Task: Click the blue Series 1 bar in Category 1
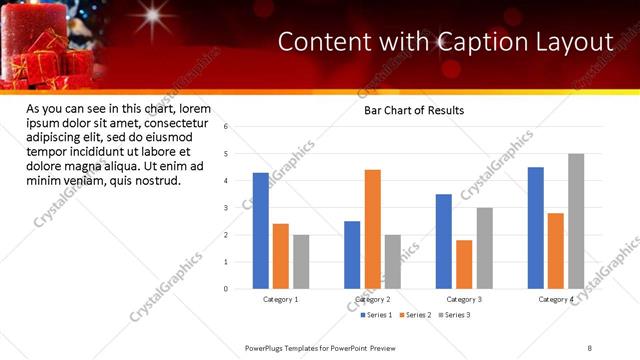pyautogui.click(x=261, y=231)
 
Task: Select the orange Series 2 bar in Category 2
pyautogui.click(x=372, y=229)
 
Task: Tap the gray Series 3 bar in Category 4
pyautogui.click(x=576, y=221)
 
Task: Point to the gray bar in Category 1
pyautogui.click(x=301, y=262)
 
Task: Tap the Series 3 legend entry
pyautogui.click(x=455, y=315)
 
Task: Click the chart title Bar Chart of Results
pyautogui.click(x=413, y=111)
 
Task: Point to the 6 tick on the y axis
pyautogui.click(x=227, y=127)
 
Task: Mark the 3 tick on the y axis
pyautogui.click(x=227, y=208)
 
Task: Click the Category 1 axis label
pyautogui.click(x=281, y=299)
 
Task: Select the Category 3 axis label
pyautogui.click(x=464, y=299)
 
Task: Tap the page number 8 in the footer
pyautogui.click(x=590, y=347)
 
